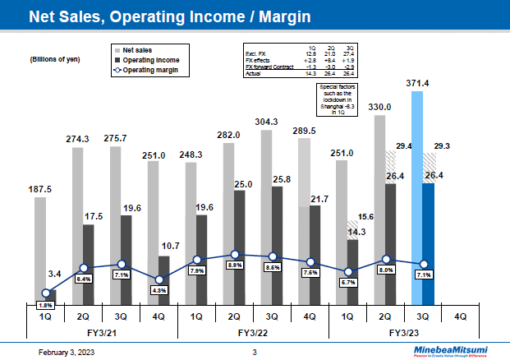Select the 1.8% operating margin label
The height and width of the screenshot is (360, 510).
[x=45, y=306]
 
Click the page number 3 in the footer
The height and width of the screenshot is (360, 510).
[x=255, y=353]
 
